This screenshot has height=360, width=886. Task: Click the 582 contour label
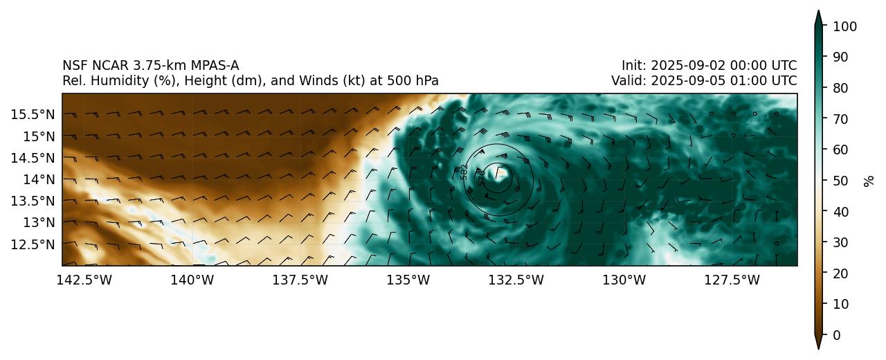pos(464,172)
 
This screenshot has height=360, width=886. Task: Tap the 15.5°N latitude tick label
pos(33,114)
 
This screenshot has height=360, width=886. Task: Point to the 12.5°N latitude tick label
pos(33,244)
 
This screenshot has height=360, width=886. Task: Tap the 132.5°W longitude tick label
pos(516,280)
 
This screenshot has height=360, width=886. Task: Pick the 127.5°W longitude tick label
pos(732,280)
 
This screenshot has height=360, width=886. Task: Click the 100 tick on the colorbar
pos(845,26)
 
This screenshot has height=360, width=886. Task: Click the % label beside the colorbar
pos(869,181)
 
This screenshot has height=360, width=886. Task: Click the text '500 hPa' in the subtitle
pos(416,81)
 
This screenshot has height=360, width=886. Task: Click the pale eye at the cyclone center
pos(500,173)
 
